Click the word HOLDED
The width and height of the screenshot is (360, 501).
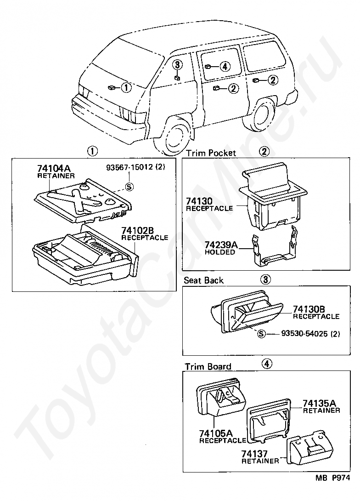[x=220, y=252]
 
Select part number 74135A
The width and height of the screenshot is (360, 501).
[x=321, y=404]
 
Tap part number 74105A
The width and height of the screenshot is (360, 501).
[x=216, y=433]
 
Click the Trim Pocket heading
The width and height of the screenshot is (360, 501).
[x=210, y=153]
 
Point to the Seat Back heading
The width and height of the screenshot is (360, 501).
[x=203, y=280]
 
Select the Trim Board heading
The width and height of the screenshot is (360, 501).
[x=208, y=366]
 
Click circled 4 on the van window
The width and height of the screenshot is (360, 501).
[x=224, y=67]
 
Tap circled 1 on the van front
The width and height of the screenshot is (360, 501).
[x=126, y=86]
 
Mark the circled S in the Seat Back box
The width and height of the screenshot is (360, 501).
[x=261, y=334]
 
